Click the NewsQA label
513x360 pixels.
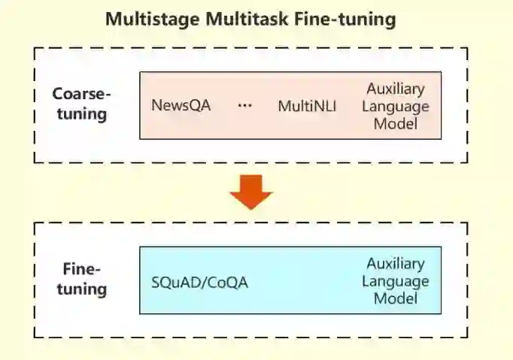click(x=181, y=106)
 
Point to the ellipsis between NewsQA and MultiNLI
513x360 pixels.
click(x=244, y=106)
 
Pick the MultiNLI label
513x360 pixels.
click(x=307, y=106)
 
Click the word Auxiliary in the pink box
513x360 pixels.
click(x=395, y=88)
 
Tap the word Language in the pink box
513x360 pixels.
click(x=395, y=106)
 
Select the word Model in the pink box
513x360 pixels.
click(x=395, y=124)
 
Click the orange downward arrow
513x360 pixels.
click(x=250, y=192)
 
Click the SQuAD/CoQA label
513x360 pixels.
click(x=199, y=283)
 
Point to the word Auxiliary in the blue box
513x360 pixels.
click(x=395, y=264)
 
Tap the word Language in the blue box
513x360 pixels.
click(x=395, y=282)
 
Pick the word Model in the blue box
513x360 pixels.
click(x=395, y=299)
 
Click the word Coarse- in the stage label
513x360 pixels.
click(x=81, y=95)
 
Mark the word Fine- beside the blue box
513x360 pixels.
click(x=81, y=269)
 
